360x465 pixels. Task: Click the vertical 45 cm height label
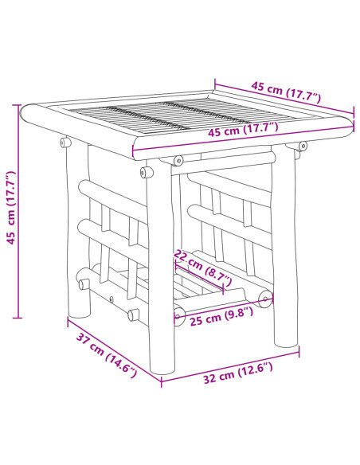pos(10,209)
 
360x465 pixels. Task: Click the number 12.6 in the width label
pos(252,368)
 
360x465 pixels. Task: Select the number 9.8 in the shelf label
pos(237,312)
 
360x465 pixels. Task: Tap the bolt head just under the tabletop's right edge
pos(302,146)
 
